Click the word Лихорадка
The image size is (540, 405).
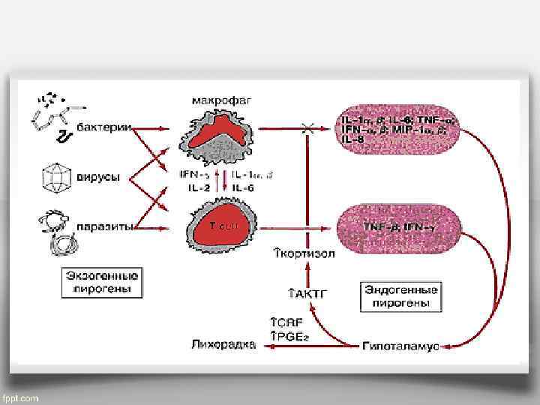221,346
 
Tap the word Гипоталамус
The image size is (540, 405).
401,346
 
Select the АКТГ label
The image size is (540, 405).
308,293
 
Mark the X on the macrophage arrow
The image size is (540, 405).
307,130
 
